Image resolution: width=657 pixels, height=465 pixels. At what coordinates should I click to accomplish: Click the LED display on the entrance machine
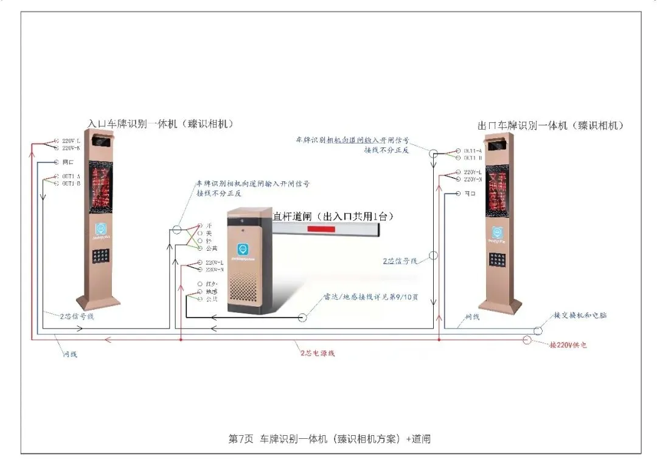coord(101,186)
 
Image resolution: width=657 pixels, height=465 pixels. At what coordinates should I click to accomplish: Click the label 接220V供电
coord(568,344)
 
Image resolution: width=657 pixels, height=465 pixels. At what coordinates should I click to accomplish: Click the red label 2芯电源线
coord(317,352)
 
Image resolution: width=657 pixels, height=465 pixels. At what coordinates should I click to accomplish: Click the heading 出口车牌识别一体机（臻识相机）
coord(551,126)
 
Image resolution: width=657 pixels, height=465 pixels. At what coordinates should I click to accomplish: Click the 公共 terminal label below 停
coord(212,248)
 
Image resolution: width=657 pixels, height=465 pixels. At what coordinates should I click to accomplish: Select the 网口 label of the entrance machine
coord(68,162)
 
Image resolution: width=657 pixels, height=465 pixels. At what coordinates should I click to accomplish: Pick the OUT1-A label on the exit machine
coord(473,150)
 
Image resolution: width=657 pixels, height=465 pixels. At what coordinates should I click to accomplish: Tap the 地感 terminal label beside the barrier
coord(212,292)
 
